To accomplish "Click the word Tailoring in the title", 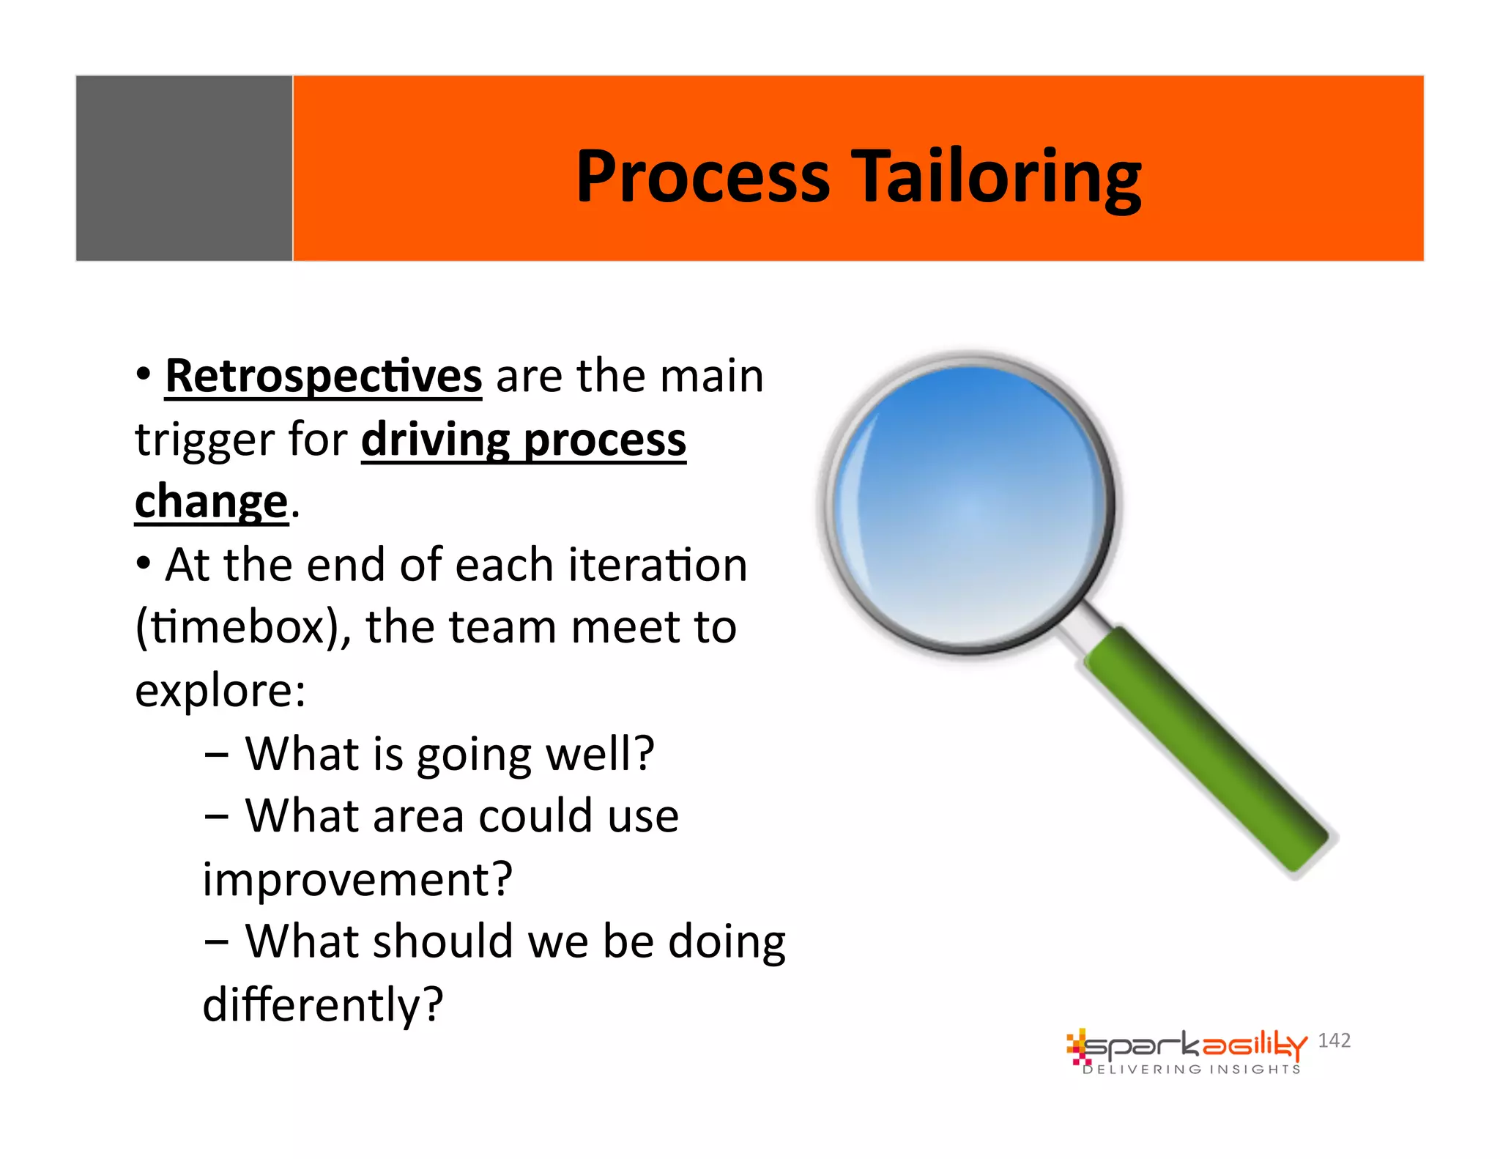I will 999,177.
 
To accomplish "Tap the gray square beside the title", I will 184,168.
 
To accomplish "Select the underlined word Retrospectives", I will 323,377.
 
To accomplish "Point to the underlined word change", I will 211,503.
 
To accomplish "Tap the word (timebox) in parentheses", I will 236,628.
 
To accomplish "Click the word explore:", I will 220,691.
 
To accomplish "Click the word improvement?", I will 357,879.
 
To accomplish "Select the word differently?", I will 323,1004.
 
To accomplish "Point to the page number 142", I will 1334,1040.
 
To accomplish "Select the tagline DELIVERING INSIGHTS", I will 1192,1070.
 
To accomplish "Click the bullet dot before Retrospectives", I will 144,374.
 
